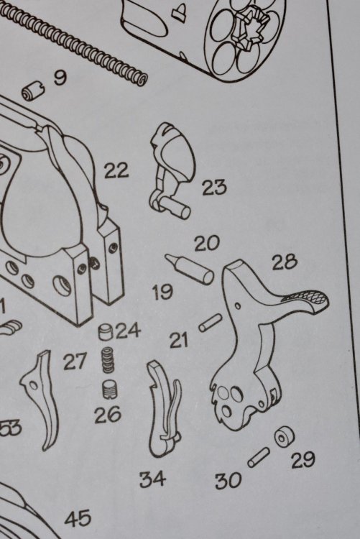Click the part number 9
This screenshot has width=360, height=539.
coord(60,78)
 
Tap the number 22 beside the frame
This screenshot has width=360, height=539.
coord(116,170)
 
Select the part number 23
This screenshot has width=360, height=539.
coord(214,188)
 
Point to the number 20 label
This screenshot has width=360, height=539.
coord(207,244)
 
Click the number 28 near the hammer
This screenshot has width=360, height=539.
coord(285,262)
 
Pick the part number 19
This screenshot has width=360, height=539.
coord(162,292)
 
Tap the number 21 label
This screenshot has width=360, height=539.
coord(179,341)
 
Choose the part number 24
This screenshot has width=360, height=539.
coord(128,331)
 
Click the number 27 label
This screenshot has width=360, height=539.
coord(74,361)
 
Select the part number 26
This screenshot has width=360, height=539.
coord(108,415)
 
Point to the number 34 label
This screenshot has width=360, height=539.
coord(152,479)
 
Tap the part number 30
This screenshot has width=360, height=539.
coord(228,481)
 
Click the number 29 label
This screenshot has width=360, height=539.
coord(303,460)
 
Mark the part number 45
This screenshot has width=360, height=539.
coord(78,518)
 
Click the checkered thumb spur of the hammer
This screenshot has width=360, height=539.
coord(305,300)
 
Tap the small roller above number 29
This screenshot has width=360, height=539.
coord(285,436)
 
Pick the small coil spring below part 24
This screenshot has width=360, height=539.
coord(108,359)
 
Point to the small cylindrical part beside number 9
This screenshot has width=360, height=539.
coord(33,92)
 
